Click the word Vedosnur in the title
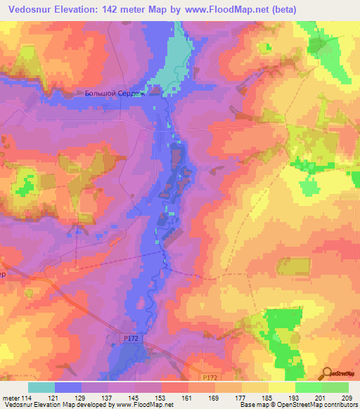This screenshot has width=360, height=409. point(32,9)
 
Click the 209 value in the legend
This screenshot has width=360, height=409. point(347,397)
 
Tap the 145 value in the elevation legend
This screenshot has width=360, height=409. point(135,397)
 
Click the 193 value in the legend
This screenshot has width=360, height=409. point(295,397)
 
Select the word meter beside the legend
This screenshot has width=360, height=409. point(11,397)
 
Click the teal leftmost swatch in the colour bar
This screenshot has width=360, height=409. point(41,387)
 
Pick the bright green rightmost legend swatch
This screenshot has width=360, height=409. point(335,387)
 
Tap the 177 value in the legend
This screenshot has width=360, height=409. point(241,397)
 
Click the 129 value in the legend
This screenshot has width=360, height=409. point(82,397)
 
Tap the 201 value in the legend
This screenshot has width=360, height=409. point(321,397)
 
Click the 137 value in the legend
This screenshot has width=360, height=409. point(108,397)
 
